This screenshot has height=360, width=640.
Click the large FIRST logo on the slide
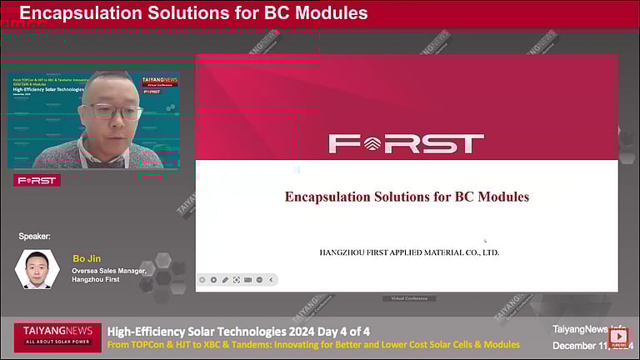point(406,143)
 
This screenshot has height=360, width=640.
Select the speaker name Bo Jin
point(87,258)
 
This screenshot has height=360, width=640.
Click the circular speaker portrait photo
point(37,269)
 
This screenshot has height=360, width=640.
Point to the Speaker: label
point(34,237)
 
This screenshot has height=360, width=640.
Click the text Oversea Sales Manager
point(109,270)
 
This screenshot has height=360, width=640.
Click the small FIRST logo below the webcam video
point(37,180)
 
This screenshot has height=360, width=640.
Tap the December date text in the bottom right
point(583,345)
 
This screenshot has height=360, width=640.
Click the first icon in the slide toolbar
point(202,280)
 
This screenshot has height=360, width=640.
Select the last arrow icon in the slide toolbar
point(271,280)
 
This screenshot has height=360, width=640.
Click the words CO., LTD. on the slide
point(479,252)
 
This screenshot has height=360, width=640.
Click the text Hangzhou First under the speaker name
point(96,279)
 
